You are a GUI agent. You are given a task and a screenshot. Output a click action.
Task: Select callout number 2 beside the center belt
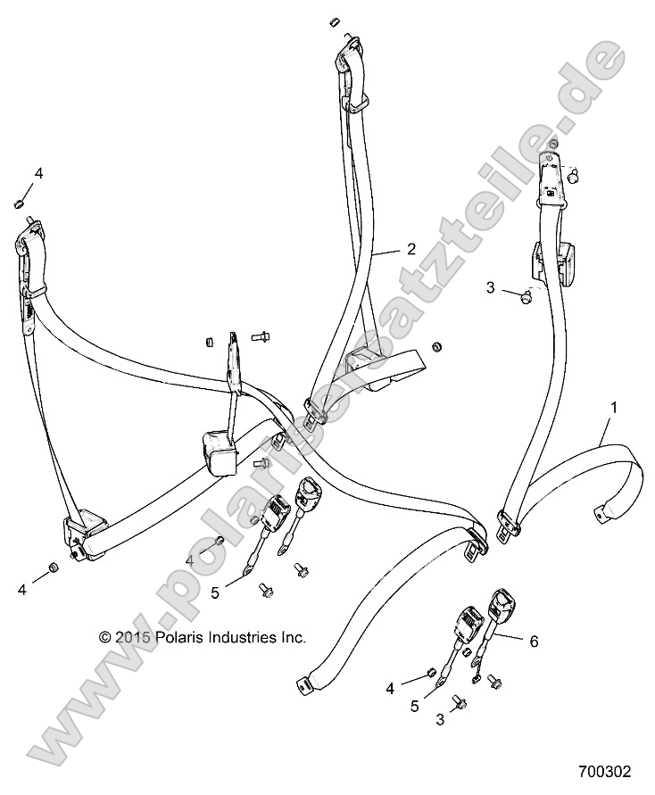pos(410,251)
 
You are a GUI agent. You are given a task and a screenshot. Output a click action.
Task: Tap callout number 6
pos(534,640)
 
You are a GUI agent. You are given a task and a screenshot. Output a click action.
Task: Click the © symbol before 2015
pos(105,638)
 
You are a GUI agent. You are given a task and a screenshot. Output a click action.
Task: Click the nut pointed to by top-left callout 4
pos(18,207)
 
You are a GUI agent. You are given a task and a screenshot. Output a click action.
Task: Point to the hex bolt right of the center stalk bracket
pos(263,337)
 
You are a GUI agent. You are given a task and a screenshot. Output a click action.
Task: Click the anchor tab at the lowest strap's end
pos(304,686)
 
